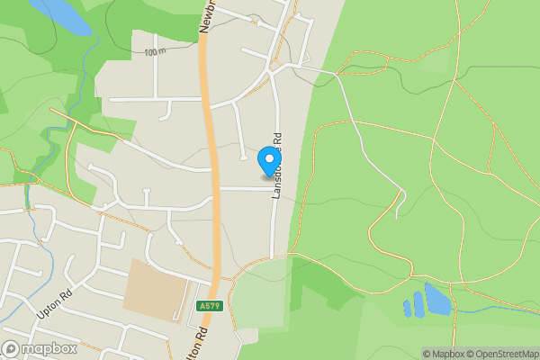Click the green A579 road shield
[208, 307]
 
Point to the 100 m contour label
[154, 52]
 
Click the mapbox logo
[40, 348]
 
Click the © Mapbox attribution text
[445, 354]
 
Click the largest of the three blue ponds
[437, 300]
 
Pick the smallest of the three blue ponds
[408, 309]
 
